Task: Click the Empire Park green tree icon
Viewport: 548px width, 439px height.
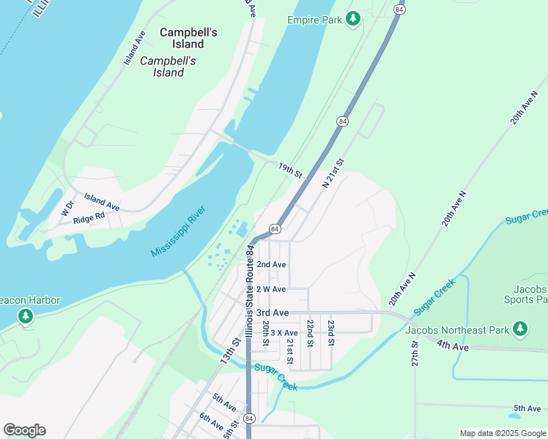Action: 353,19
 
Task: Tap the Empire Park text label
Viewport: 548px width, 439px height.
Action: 314,20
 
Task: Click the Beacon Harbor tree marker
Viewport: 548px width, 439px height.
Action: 26,316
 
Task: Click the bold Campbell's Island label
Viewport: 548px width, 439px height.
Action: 188,38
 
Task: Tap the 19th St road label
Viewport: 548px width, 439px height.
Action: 289,170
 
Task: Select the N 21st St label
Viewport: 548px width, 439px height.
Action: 333,173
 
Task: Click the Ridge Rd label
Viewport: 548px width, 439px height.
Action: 89,217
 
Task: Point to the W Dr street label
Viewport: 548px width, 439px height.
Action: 67,208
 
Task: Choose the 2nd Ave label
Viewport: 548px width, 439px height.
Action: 271,264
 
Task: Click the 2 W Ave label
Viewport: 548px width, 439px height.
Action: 271,289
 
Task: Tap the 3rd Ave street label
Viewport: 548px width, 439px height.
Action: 272,312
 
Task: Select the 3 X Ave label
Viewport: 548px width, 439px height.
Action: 284,333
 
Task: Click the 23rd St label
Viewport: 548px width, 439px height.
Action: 330,332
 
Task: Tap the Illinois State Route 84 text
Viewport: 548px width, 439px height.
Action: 250,292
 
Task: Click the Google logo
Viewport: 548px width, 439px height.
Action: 24,430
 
